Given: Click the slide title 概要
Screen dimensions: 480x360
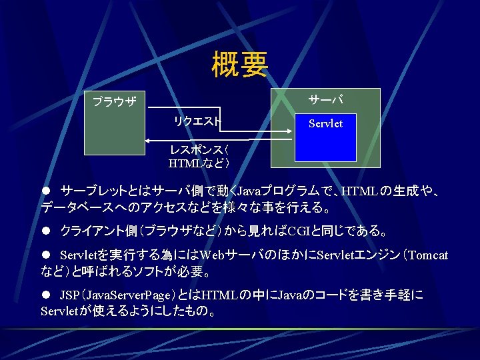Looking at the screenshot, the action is tap(240, 65).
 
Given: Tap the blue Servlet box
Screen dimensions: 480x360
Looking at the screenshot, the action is tap(325, 137).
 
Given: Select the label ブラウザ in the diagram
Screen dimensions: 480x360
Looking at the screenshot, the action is tap(114, 102).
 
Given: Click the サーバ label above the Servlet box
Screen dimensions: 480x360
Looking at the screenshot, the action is tap(325, 100).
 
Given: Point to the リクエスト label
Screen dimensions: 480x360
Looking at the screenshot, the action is tap(197, 121).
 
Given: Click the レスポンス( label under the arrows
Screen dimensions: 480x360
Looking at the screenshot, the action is tap(199, 151).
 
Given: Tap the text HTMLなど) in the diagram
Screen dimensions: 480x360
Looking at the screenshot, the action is tap(199, 163).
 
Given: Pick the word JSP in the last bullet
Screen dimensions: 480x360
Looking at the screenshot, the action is tap(69, 295).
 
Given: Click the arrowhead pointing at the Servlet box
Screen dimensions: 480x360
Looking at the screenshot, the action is tap(289, 131).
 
